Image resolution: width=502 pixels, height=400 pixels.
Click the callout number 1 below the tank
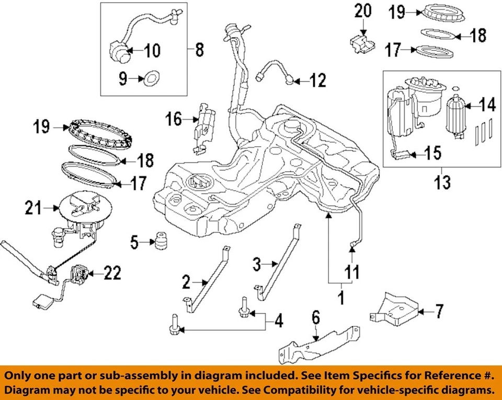(340, 299)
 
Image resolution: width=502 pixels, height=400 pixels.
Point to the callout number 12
(317, 80)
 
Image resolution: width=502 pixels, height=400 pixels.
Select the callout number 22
(112, 273)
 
